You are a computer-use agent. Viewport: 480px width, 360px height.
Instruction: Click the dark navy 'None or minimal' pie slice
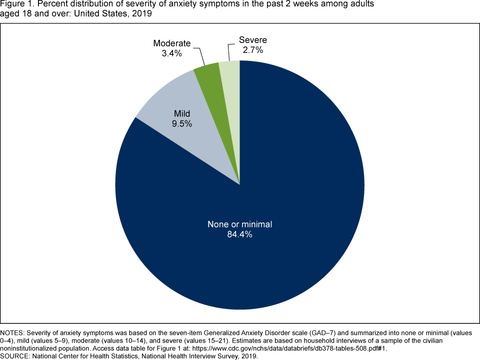pos(280,190)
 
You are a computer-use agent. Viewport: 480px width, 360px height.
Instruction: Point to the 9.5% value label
pos(181,124)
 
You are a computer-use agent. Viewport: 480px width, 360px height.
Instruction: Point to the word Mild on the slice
pos(181,114)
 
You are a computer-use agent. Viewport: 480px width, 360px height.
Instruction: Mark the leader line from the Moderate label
pos(198,55)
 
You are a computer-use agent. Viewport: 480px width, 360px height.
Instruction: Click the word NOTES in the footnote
pos(12,333)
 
